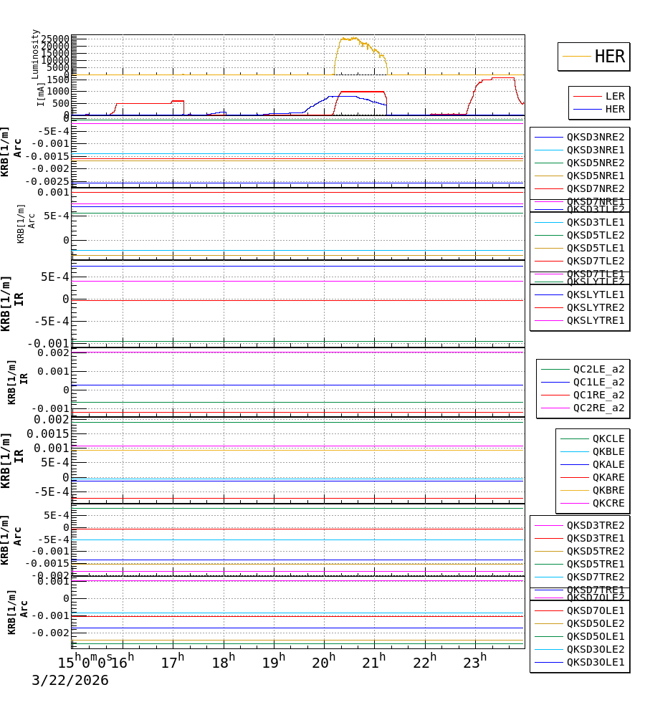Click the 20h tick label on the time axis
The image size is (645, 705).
tap(324, 662)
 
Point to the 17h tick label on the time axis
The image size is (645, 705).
tap(173, 662)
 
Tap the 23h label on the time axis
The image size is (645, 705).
tap(474, 662)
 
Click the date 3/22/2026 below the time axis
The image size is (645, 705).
tap(70, 681)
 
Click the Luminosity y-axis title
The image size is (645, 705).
tap(35, 54)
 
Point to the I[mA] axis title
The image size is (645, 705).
tap(41, 94)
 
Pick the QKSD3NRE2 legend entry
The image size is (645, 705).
tap(595, 137)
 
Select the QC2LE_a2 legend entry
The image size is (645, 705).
tap(598, 369)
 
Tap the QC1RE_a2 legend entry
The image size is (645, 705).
tap(598, 395)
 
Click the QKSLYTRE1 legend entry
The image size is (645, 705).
tap(595, 320)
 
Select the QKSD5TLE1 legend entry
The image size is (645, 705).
tap(595, 248)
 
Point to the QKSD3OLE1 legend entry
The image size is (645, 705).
tap(595, 662)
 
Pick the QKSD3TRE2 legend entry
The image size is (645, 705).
tap(595, 525)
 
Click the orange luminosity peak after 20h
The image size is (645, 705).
tap(349, 39)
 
